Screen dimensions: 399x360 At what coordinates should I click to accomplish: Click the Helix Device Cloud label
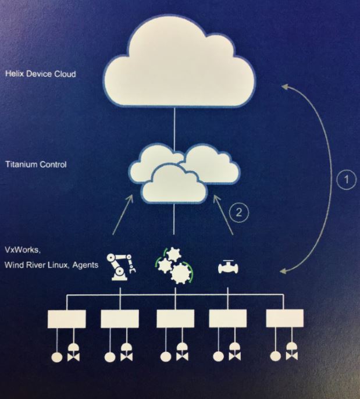click(41, 74)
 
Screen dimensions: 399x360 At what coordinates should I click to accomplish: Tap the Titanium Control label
click(36, 165)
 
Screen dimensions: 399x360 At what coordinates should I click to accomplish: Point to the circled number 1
click(346, 180)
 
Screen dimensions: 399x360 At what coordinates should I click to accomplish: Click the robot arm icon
click(121, 265)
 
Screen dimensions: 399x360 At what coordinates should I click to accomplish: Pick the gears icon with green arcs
click(176, 266)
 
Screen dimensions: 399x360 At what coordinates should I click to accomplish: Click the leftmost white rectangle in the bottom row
click(66, 319)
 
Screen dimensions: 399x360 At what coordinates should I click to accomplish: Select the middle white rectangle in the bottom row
click(175, 319)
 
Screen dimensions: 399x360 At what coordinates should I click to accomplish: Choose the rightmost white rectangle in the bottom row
click(284, 319)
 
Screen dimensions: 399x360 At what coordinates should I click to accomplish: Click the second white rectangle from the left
click(120, 319)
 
